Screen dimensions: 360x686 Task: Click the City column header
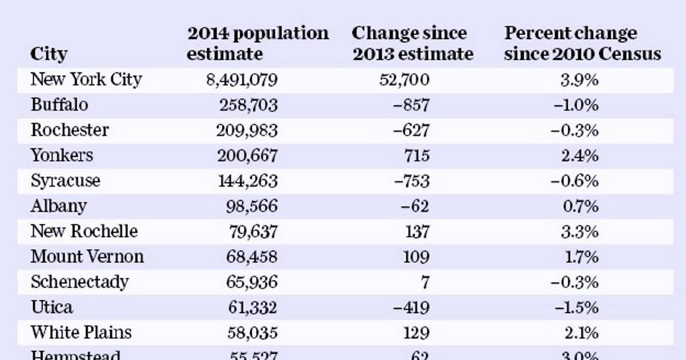tap(49, 53)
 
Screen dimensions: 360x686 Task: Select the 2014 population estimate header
tap(257, 43)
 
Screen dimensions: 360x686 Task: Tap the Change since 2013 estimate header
tap(412, 43)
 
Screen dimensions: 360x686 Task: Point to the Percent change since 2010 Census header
tap(582, 43)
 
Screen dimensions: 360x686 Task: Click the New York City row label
tap(86, 80)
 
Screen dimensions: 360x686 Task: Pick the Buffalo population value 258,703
tap(247, 105)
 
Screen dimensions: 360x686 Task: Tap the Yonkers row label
tap(61, 156)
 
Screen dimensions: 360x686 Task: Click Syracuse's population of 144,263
tap(247, 181)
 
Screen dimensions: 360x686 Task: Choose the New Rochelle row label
tap(84, 231)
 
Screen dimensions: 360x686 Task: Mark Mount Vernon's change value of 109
tap(416, 256)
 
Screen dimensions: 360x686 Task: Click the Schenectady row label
tap(79, 282)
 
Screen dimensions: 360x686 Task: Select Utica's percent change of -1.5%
tap(575, 307)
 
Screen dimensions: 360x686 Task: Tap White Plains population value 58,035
tap(251, 332)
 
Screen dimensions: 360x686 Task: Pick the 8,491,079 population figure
tap(241, 80)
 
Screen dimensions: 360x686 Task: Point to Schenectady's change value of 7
tap(425, 282)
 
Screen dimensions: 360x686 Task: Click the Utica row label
tap(51, 307)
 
